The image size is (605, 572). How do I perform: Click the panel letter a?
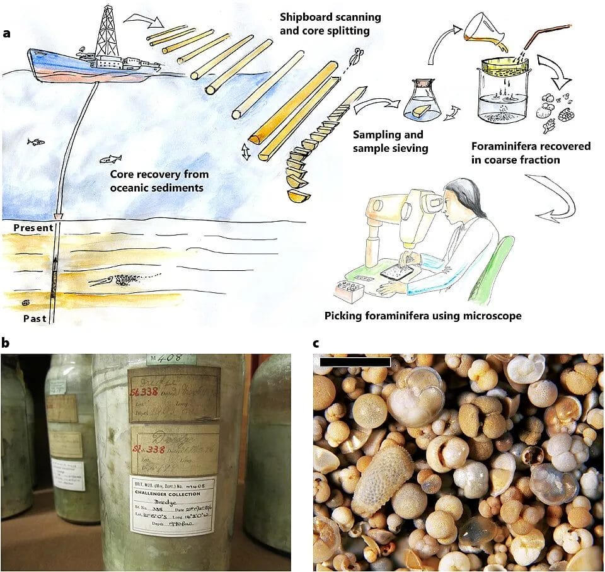pos(7,33)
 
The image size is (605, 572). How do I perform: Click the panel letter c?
pos(316,344)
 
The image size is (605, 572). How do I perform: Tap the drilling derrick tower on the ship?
pos(107,35)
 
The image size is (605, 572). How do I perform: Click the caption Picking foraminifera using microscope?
pos(423,316)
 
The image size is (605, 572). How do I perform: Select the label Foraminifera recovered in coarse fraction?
pos(531,153)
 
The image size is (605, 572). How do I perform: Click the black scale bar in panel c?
pos(355,362)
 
